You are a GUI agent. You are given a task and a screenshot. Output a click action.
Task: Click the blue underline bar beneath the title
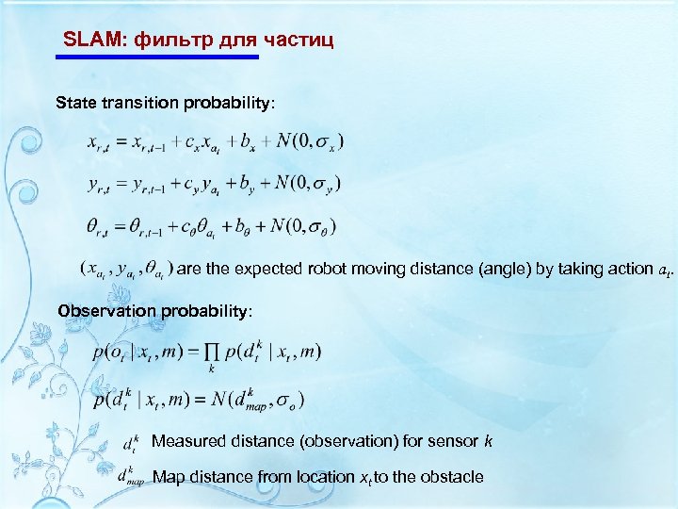156,57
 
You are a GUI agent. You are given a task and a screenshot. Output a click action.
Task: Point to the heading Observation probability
154,310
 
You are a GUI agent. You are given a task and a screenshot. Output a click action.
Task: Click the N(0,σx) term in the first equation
310,142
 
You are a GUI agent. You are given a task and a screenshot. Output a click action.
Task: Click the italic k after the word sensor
488,440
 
